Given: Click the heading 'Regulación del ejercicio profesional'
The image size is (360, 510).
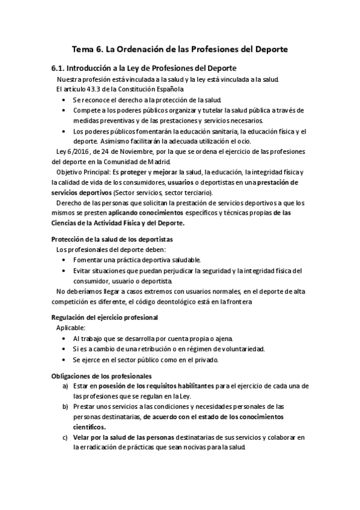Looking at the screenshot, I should click(105, 317).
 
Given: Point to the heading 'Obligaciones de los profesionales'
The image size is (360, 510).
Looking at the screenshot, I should click(101, 375).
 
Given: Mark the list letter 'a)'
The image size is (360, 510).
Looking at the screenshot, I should click(64, 386).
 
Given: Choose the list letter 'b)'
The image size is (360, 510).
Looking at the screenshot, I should click(64, 407).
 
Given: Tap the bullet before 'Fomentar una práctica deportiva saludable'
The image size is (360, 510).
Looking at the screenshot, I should click(64, 260).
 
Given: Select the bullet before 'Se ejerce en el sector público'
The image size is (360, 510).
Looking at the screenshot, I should click(64, 360).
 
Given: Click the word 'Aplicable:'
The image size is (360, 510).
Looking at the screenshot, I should click(71, 328).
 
